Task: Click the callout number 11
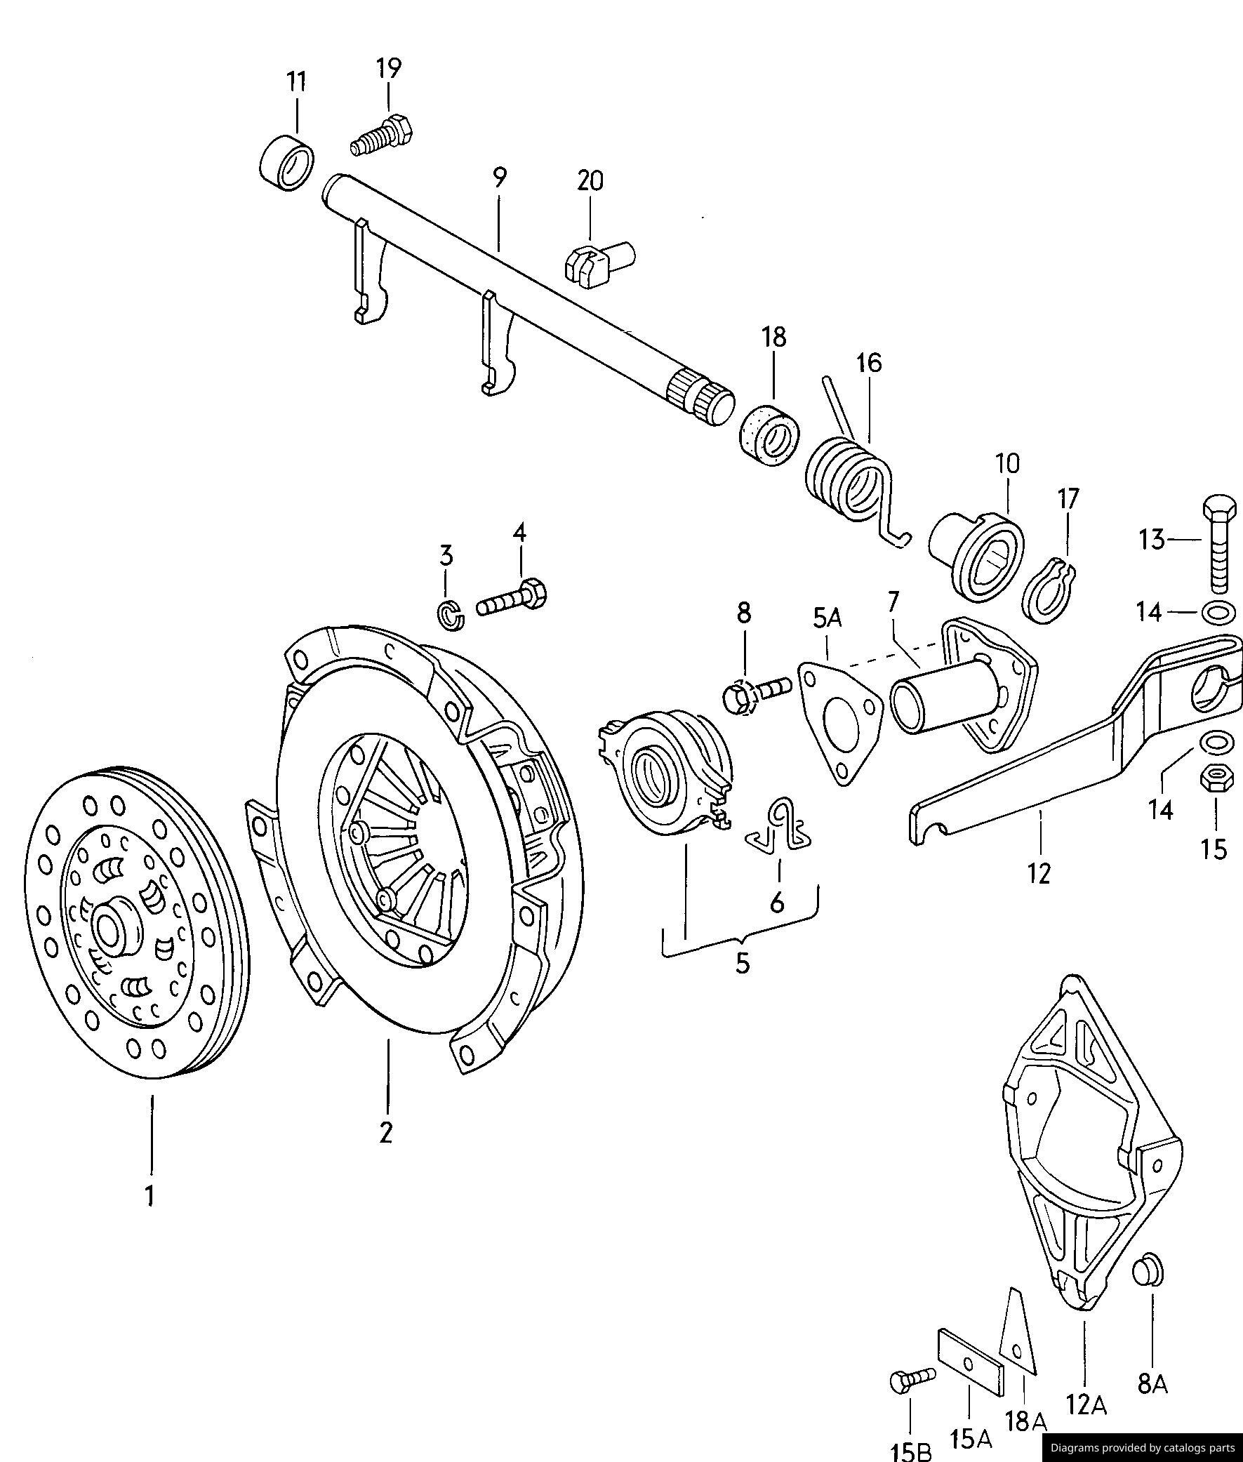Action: (x=297, y=81)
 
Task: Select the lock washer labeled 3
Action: (x=451, y=616)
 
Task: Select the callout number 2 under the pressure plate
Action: (x=385, y=1133)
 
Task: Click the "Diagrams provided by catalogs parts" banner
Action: (x=1141, y=1448)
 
